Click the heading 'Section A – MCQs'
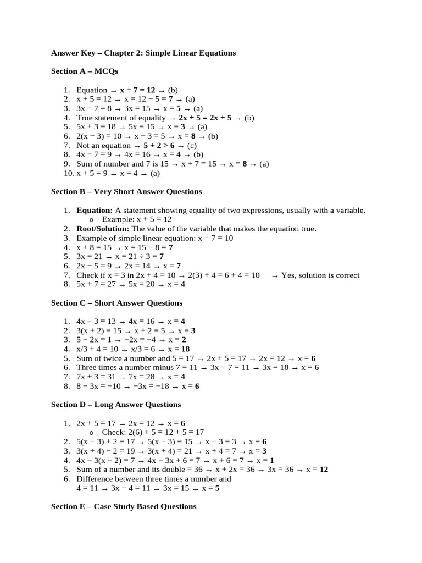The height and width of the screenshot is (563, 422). coord(84,71)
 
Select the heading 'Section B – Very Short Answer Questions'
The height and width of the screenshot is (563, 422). coord(126,191)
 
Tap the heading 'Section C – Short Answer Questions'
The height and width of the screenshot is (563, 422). coord(116,303)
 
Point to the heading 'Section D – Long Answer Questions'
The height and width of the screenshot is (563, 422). coord(115,404)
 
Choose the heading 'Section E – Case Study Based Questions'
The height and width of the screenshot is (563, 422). coord(123,506)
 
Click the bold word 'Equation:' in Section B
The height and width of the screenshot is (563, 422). coord(95,211)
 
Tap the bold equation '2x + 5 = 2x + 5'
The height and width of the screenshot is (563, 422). coord(206,118)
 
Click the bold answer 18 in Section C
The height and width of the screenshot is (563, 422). coord(185,349)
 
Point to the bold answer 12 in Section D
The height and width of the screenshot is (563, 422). coord(324,470)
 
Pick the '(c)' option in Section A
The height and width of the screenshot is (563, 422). coord(191,146)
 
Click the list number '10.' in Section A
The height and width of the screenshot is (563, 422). coord(68,173)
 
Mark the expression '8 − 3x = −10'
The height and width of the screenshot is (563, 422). coord(101,387)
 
